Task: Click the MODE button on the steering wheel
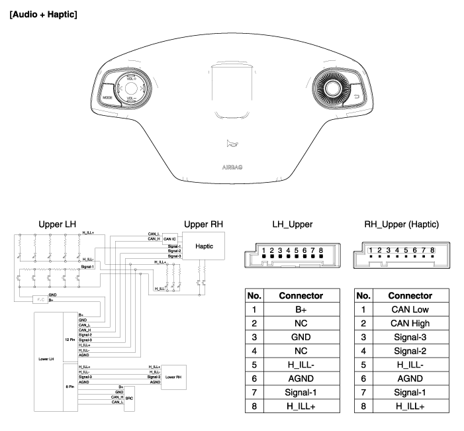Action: [107, 97]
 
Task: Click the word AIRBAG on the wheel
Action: [232, 168]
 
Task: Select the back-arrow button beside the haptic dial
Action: [357, 97]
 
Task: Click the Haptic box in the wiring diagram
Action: [204, 246]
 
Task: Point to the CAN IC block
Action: [170, 238]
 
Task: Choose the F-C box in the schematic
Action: [41, 300]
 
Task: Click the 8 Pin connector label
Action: [70, 386]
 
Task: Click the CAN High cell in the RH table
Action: [410, 323]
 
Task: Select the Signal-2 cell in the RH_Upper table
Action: [410, 351]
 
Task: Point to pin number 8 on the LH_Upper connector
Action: [320, 252]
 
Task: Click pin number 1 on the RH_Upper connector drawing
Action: [371, 251]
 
